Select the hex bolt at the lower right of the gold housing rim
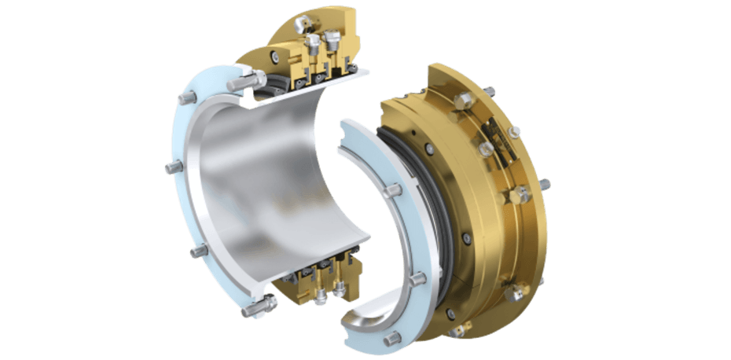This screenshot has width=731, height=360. click(515, 293)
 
